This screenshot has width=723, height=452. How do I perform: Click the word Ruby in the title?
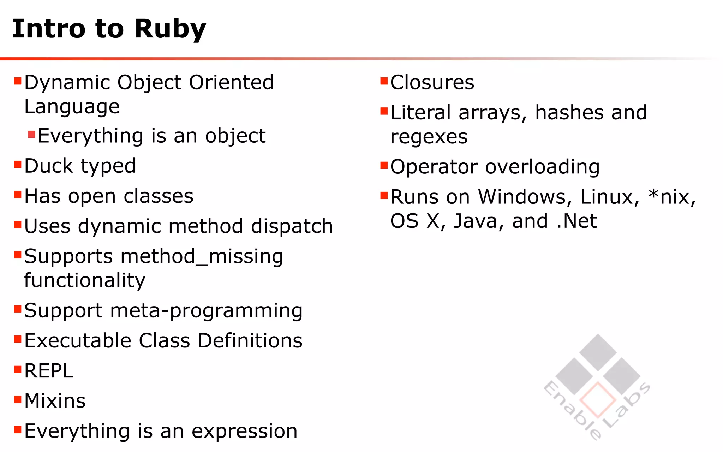click(x=170, y=29)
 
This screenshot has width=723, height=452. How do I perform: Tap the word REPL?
click(x=49, y=371)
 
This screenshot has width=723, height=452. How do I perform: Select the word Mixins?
click(x=55, y=401)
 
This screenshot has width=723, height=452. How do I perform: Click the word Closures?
click(x=432, y=82)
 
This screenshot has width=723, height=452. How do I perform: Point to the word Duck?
click(x=49, y=166)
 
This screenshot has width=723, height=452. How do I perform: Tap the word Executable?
click(x=78, y=340)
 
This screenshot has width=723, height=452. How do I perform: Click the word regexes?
click(x=429, y=137)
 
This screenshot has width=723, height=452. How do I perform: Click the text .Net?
click(x=576, y=221)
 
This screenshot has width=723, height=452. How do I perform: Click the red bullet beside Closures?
click(x=384, y=81)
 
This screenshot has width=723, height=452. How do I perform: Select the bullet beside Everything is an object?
click(x=31, y=134)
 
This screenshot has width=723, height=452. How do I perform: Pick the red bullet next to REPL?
click(x=18, y=369)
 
